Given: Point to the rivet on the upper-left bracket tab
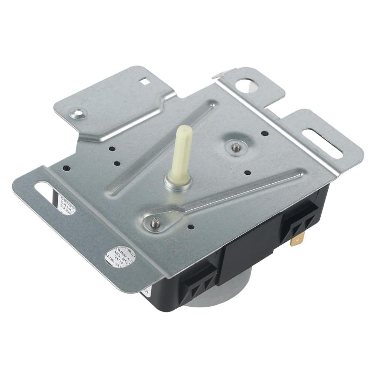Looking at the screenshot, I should [x=77, y=112].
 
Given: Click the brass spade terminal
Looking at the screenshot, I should [x=295, y=241].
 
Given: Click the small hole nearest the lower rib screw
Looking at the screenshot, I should [x=191, y=227].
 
